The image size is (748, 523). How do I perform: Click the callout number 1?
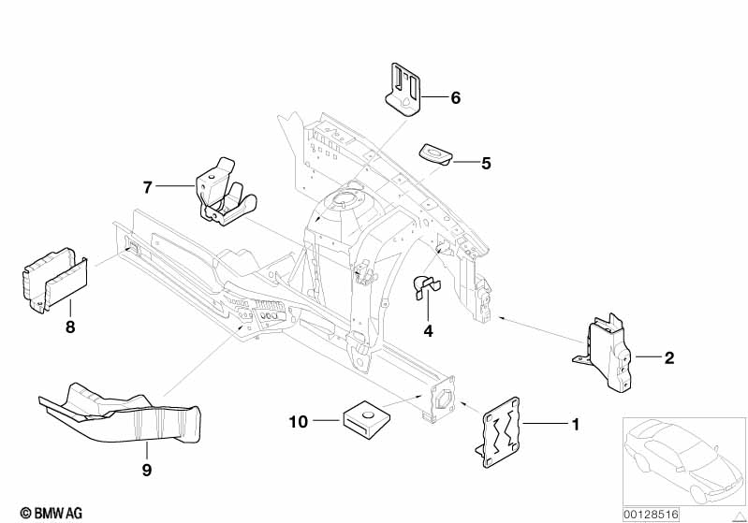[575, 425]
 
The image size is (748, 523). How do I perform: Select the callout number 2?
[668, 357]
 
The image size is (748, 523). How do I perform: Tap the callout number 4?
[428, 330]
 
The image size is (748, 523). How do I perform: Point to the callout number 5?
[485, 163]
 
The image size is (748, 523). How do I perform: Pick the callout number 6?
[455, 97]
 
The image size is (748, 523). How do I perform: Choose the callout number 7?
[148, 187]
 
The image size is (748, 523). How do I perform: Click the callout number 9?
[145, 471]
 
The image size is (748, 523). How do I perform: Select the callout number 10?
[298, 422]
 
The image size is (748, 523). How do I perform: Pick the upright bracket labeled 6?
[404, 87]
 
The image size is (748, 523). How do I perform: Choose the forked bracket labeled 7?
[222, 194]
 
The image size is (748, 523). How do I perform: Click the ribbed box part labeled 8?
[51, 279]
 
